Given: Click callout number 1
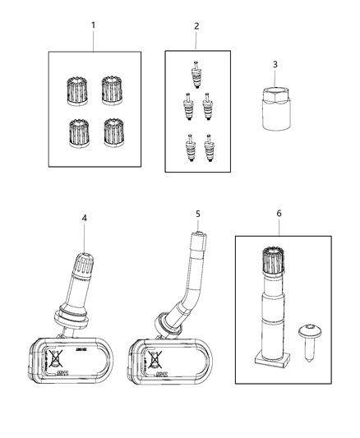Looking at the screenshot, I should tap(93, 25).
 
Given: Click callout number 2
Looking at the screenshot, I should tap(196, 25).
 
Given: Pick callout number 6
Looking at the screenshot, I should tap(279, 213).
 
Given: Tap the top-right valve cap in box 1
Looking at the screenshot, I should tap(112, 89).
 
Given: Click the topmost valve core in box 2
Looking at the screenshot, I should tap(196, 75).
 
